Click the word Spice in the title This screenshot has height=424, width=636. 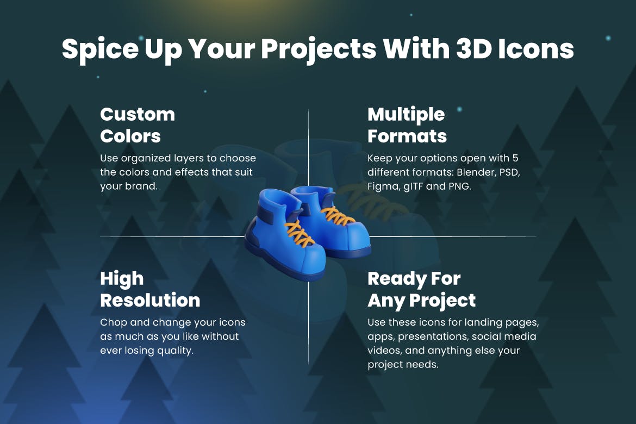(100, 49)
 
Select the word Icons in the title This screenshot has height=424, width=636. (536, 49)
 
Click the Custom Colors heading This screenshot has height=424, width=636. (138, 125)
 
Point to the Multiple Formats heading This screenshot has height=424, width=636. (407, 125)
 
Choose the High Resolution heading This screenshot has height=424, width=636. (150, 289)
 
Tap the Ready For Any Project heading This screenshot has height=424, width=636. (421, 290)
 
